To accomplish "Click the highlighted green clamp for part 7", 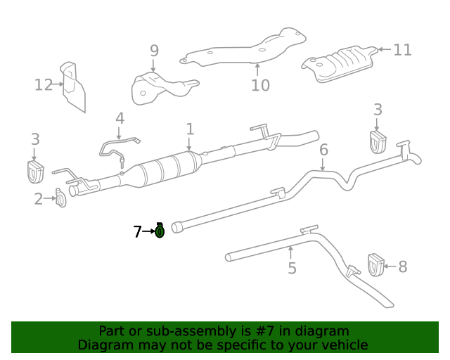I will (160, 230).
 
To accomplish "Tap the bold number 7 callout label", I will (138, 231).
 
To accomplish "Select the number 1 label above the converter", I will (190, 129).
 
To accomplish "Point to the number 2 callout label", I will (39, 199).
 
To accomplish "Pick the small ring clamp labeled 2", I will (61, 200).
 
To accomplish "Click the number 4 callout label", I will (120, 118).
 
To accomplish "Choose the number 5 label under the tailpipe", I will (292, 268).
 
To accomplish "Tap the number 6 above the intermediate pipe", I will (323, 150).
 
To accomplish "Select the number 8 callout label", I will (403, 266).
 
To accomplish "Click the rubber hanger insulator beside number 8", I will (375, 265).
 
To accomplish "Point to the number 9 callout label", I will (154, 51).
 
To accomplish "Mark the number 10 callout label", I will (260, 85).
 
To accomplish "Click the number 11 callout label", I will (402, 50).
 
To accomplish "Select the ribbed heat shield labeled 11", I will (340, 63).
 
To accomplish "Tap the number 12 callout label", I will (44, 85).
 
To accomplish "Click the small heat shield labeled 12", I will (73, 86).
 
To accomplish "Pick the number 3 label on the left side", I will (35, 139).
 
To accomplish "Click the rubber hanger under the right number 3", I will (378, 141).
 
